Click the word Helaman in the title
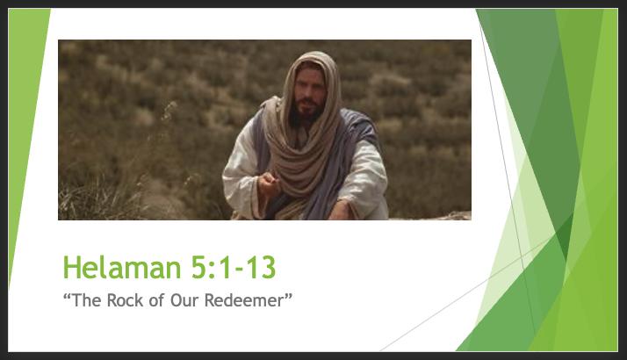pos(122,267)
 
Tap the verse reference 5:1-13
pos(234,267)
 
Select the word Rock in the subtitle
pos(125,300)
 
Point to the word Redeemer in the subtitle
pos(243,300)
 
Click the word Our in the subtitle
pos(184,300)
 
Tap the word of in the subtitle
pos(156,300)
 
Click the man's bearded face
pos(308,96)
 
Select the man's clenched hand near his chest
pos(269,184)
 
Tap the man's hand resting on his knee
pos(341,210)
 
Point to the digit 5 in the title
pos(198,267)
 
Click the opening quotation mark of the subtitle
pos(67,297)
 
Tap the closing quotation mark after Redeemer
pos(289,297)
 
